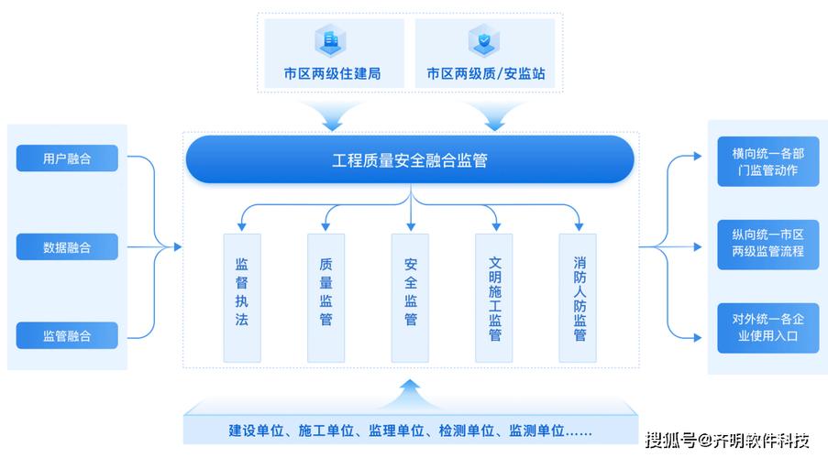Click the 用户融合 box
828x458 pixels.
[67, 158]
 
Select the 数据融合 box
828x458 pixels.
[67, 246]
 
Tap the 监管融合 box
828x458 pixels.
[67, 335]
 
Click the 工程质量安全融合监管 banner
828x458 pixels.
[410, 161]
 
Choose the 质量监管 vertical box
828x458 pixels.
[326, 296]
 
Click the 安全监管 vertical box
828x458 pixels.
[410, 296]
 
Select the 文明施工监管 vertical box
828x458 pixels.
[494, 296]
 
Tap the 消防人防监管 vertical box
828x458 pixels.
[579, 296]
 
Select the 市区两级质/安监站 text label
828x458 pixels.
[486, 73]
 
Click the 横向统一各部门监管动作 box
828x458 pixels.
[767, 161]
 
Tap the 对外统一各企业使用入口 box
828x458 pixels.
[767, 328]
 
